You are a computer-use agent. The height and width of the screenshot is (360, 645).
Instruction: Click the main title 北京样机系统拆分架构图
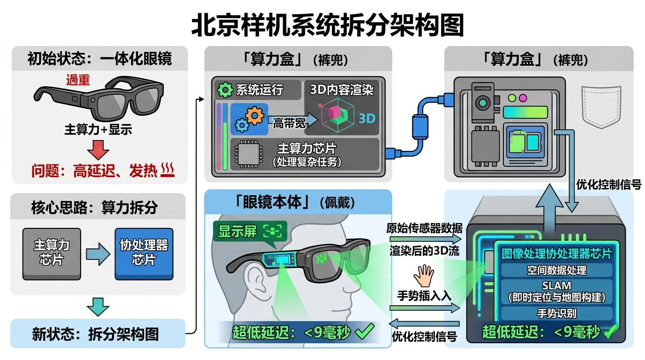pos(327,24)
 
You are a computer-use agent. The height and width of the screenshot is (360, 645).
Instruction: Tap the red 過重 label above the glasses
pos(78,80)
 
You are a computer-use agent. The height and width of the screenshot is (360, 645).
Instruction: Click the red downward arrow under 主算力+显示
pos(98,150)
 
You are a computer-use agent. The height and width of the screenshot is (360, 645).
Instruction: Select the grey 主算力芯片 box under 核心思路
pos(52,253)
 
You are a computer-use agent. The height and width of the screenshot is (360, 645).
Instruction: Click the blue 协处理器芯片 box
pos(144,253)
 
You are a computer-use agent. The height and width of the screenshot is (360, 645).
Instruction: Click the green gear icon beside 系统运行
pos(225,90)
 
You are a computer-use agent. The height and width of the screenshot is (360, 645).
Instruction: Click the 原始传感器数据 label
pos(424,229)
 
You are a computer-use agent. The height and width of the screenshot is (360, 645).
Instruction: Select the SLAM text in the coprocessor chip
pos(556,285)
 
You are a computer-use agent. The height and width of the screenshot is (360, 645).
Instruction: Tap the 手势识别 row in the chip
pos(556,313)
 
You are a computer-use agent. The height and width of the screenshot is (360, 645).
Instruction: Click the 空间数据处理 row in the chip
pos(556,270)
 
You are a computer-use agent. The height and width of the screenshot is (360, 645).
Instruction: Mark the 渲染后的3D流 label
pos(424,251)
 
